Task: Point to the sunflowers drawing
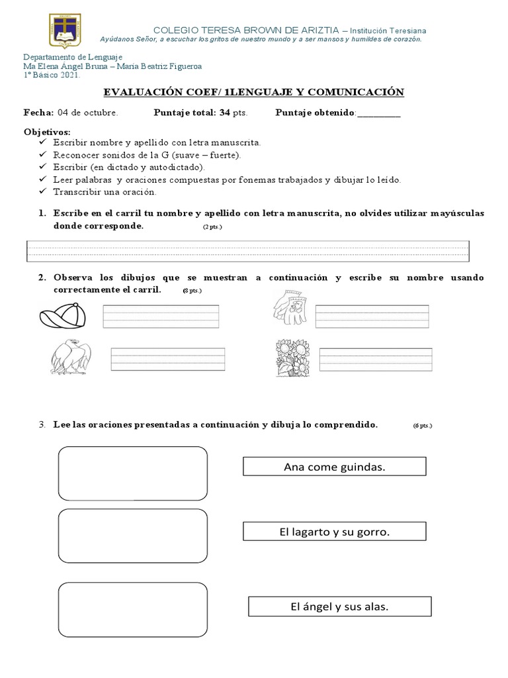pyautogui.click(x=292, y=358)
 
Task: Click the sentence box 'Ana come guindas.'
pyautogui.click(x=334, y=467)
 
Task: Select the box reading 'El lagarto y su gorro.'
pyautogui.click(x=334, y=532)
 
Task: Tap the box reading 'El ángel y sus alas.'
pyautogui.click(x=339, y=606)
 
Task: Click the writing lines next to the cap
pyautogui.click(x=161, y=316)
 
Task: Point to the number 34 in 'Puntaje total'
pyautogui.click(x=225, y=113)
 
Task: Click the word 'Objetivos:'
pyautogui.click(x=46, y=132)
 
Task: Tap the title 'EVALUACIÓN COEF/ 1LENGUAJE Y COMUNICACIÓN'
pyautogui.click(x=253, y=92)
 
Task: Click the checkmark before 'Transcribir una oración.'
pyautogui.click(x=44, y=191)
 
